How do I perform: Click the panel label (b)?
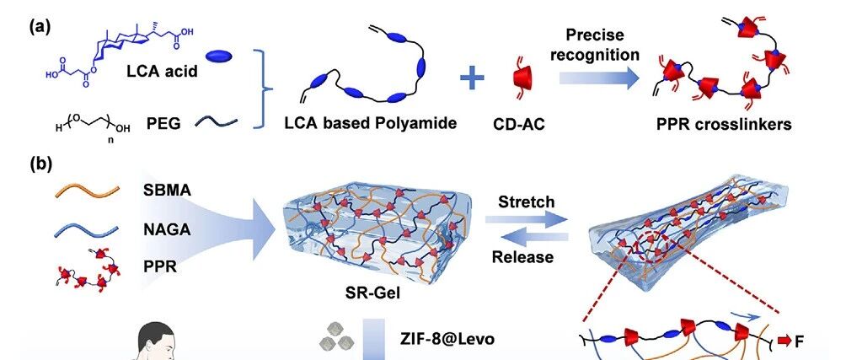40,163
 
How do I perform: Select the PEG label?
167,124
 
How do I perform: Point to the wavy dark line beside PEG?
217,124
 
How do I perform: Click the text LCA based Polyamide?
371,123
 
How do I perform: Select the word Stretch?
526,202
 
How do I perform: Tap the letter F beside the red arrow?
800,341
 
